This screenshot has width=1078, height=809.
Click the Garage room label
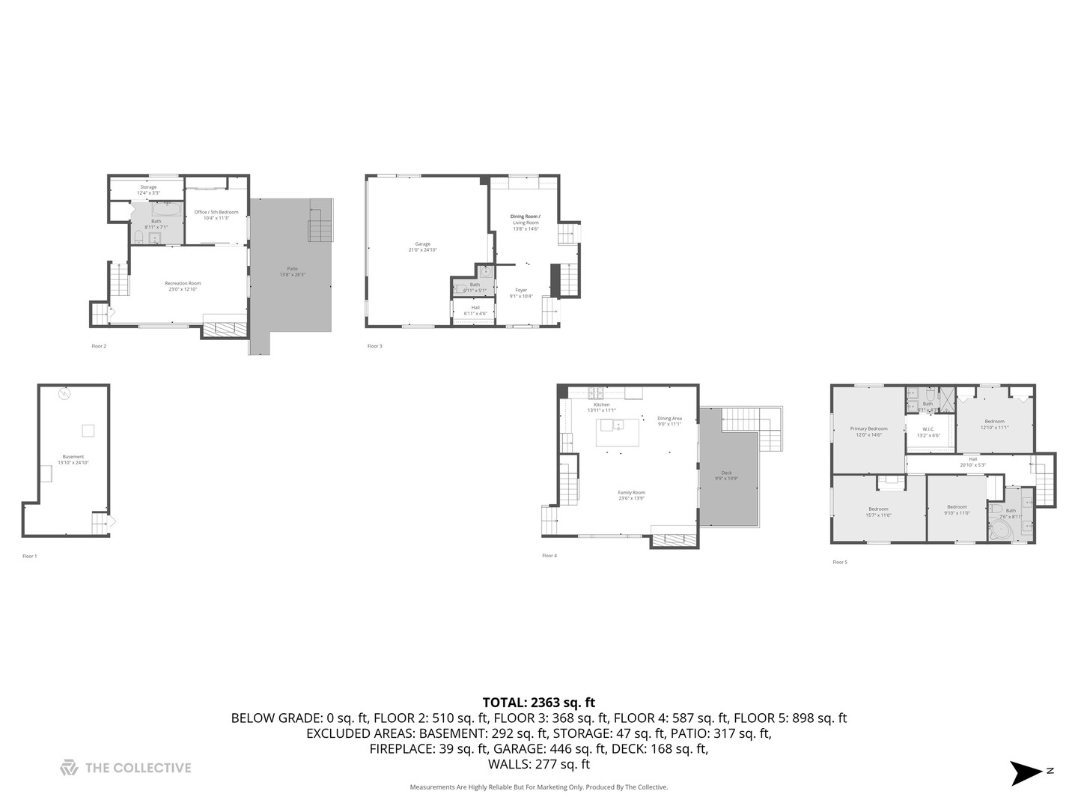[423, 244]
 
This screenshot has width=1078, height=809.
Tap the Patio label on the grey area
[292, 269]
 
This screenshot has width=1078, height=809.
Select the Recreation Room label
[183, 283]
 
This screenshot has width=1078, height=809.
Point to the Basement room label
[73, 457]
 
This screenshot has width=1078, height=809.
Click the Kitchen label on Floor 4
[602, 404]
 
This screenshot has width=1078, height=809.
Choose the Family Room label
[631, 493]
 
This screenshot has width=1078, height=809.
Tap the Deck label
[726, 473]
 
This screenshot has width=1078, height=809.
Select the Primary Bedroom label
[868, 429]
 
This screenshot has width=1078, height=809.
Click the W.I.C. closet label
[928, 429]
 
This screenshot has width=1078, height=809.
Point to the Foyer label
[521, 290]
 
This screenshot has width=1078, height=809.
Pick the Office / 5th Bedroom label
[216, 212]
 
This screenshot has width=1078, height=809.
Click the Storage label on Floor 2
[148, 187]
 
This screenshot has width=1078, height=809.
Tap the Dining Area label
[669, 419]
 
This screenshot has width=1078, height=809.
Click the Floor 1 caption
[29, 556]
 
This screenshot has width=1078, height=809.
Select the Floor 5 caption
[840, 562]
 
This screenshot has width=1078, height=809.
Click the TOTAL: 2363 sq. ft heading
[539, 703]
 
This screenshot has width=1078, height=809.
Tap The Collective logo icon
[69, 768]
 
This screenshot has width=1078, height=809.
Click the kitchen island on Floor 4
[618, 432]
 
